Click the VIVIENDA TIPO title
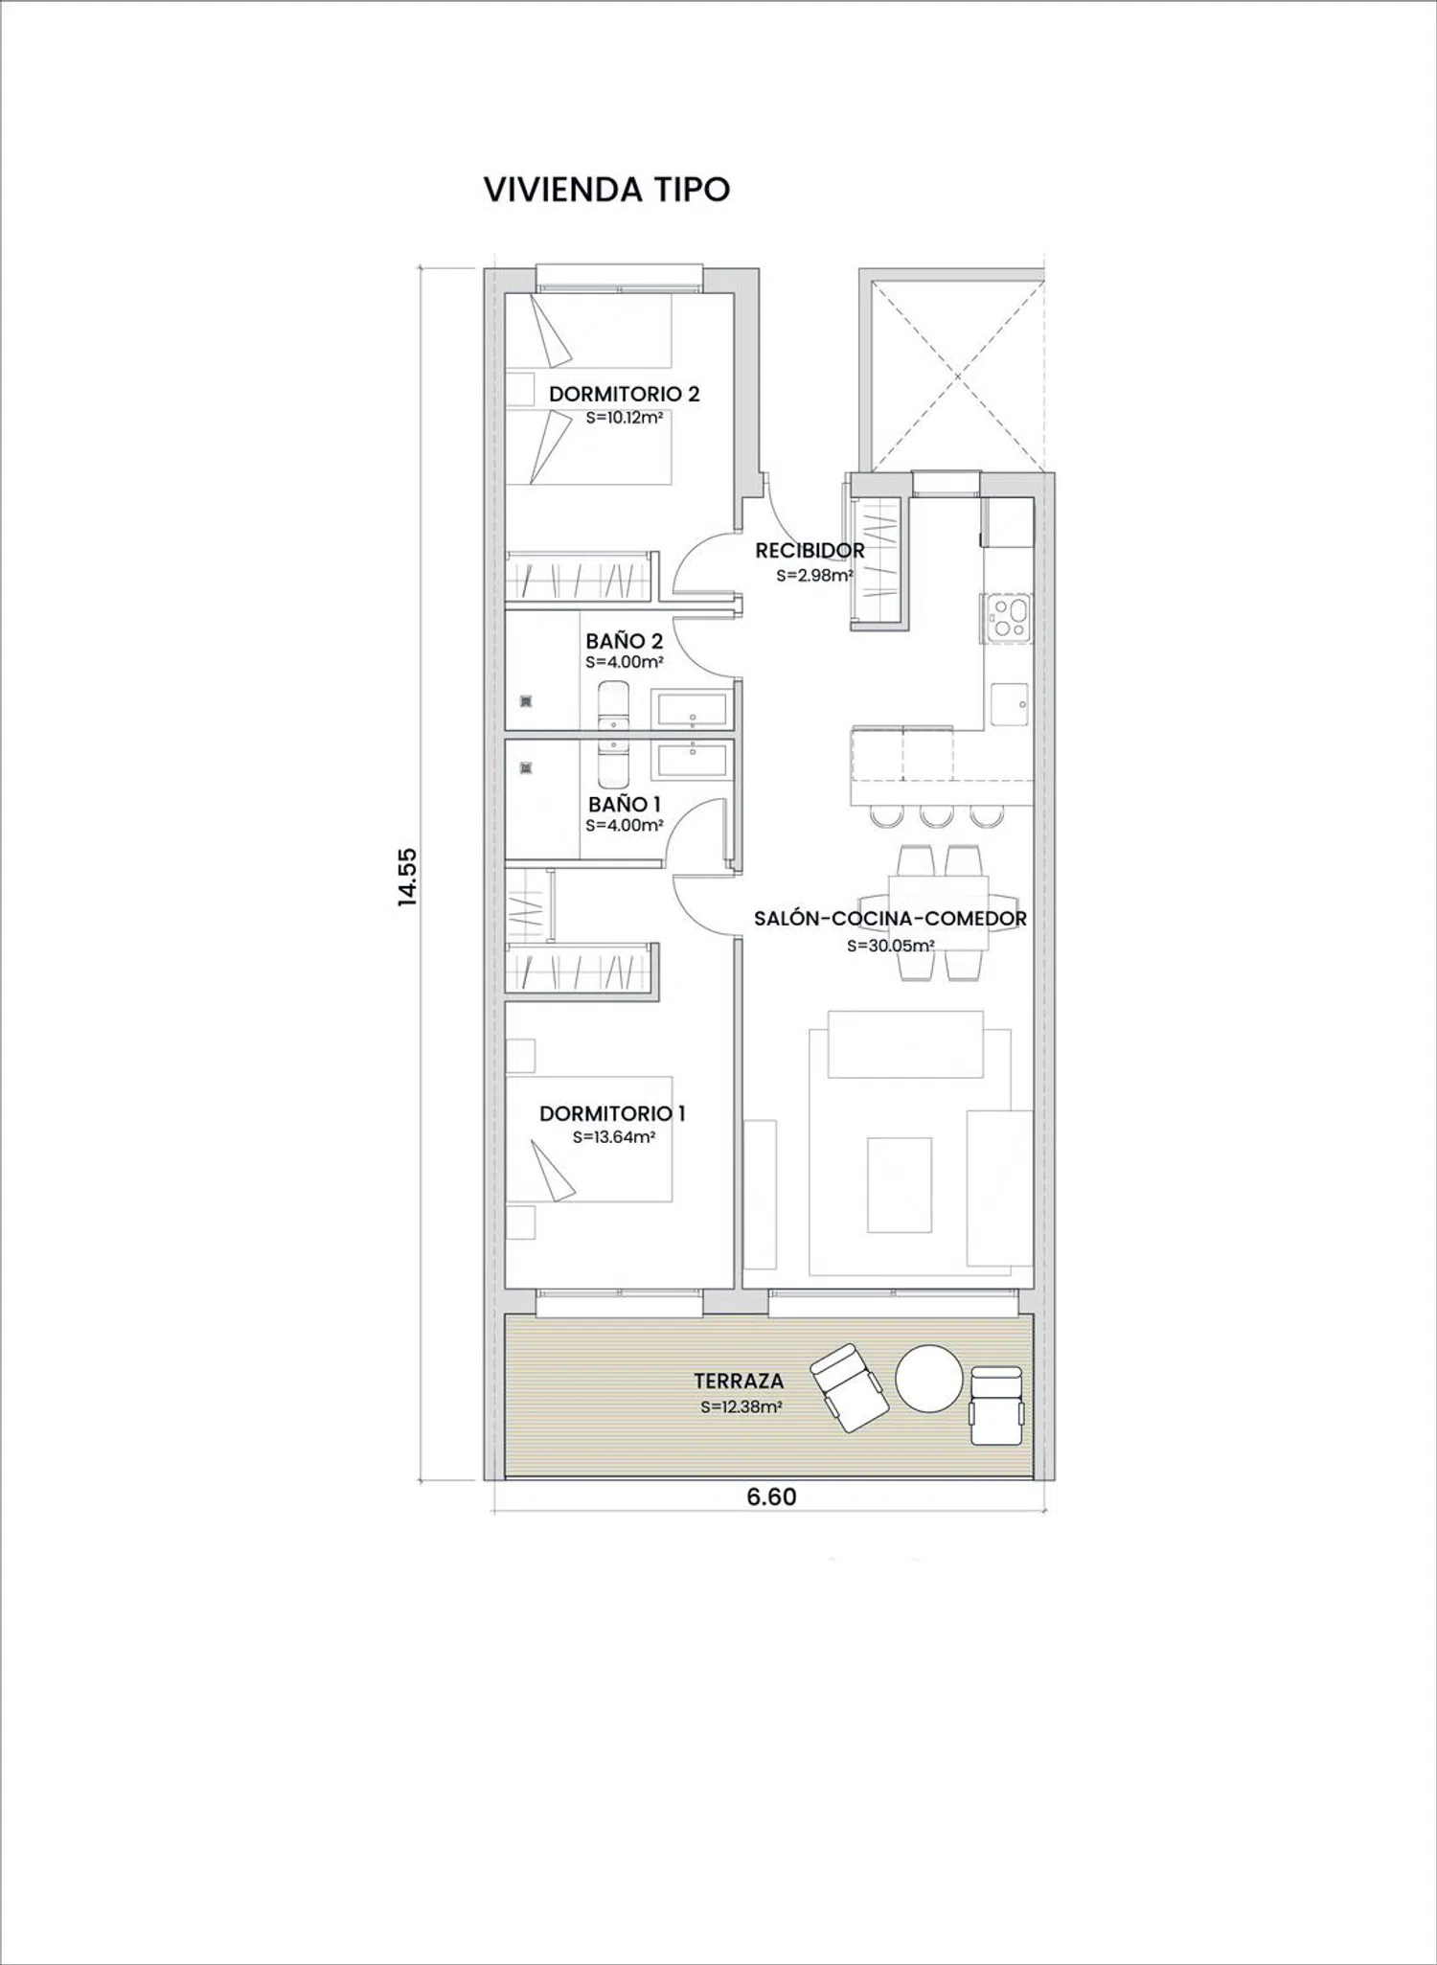point(606,190)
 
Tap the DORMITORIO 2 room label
point(624,394)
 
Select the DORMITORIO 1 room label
point(612,1113)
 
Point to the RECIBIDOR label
point(810,551)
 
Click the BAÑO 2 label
point(625,641)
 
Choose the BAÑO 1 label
point(625,804)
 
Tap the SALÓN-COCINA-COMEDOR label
point(890,919)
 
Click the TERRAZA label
point(739,1381)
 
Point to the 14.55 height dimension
point(409,876)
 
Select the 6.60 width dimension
point(771,1497)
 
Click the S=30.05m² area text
point(891,946)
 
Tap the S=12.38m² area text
point(741,1407)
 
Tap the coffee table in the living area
point(900,1184)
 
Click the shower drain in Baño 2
point(525,700)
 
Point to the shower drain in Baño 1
point(525,767)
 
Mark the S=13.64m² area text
point(614,1137)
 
